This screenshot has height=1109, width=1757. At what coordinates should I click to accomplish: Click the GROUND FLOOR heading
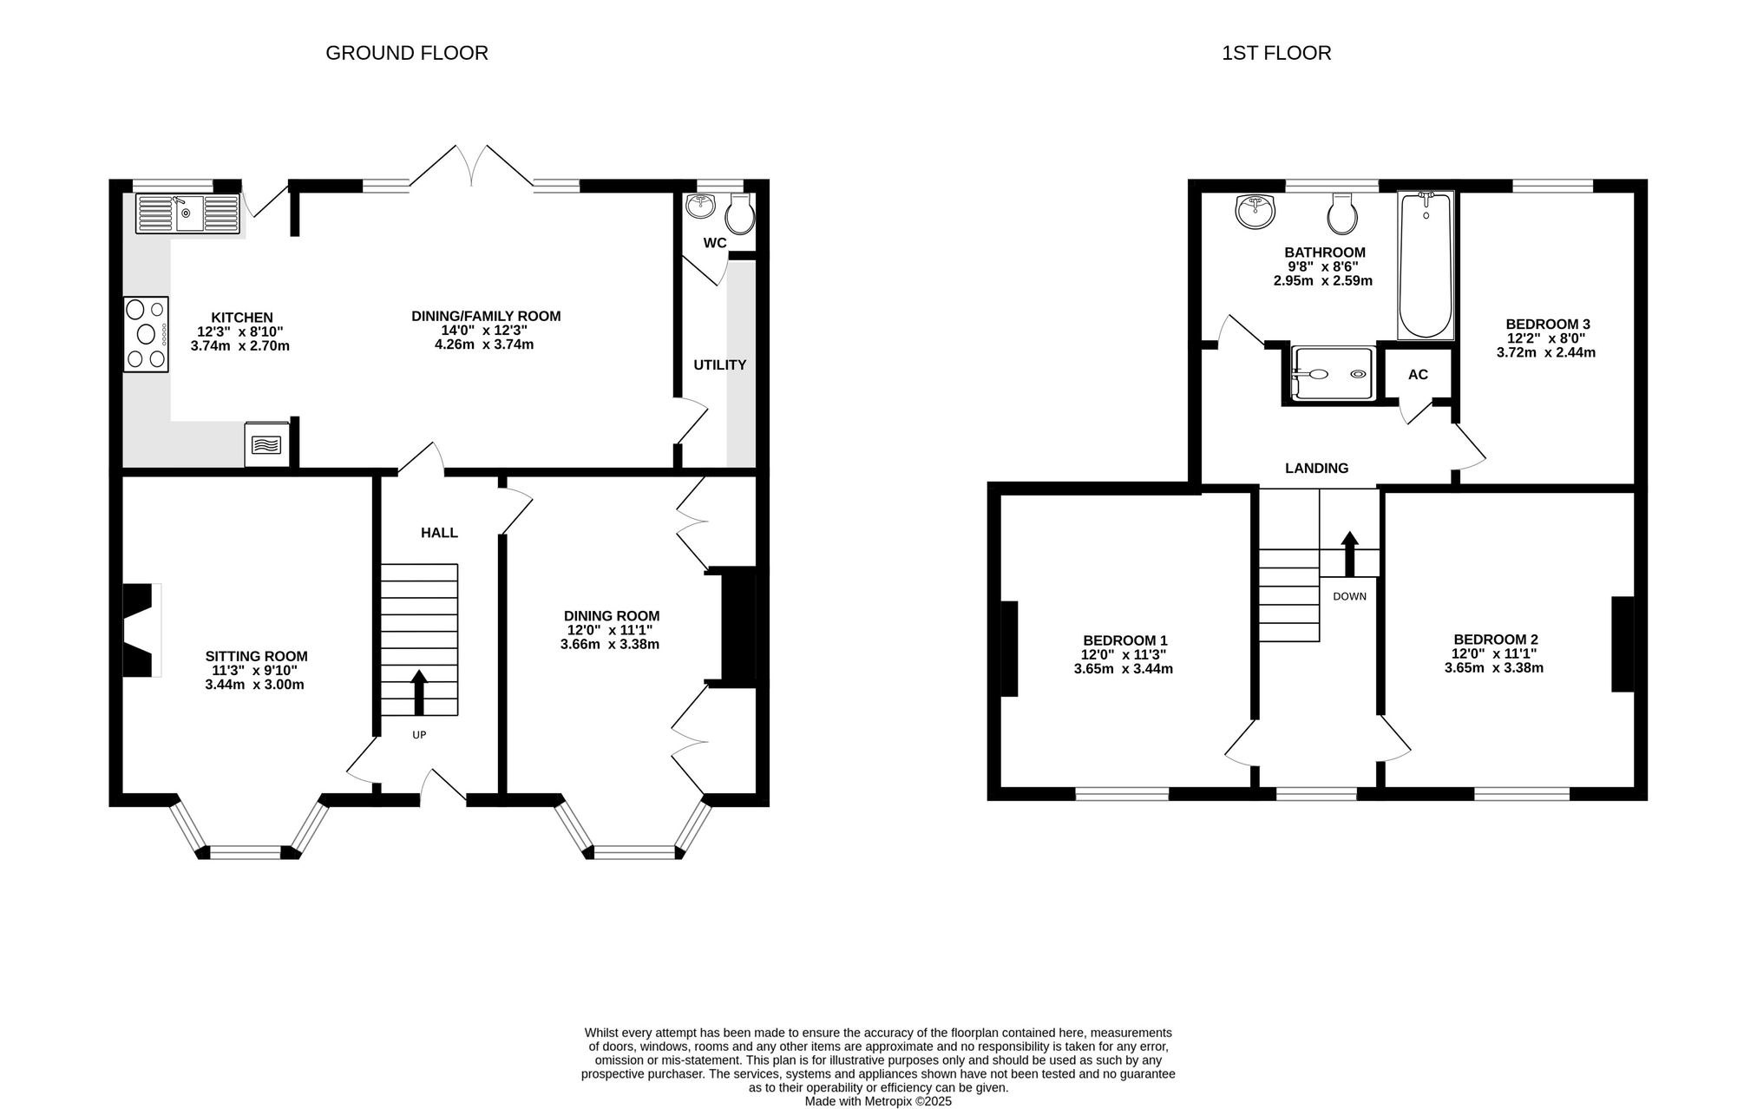tap(407, 53)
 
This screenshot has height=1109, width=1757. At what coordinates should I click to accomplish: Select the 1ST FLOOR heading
tap(1276, 53)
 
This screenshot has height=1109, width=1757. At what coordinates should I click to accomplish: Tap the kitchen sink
tap(187, 213)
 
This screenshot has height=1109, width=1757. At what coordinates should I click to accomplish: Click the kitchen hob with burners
tap(146, 334)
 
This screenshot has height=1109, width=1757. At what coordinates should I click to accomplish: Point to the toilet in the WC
tap(739, 213)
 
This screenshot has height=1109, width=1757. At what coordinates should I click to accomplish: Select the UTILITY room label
tap(719, 365)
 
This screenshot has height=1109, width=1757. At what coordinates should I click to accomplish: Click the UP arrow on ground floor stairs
tap(419, 692)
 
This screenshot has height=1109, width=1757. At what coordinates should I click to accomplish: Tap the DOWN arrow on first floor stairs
tap(1349, 554)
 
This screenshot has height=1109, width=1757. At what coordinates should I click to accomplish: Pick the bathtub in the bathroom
tap(1426, 266)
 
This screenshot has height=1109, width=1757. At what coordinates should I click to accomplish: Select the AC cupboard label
tap(1418, 375)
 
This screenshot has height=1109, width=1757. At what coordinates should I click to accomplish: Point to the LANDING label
tap(1316, 469)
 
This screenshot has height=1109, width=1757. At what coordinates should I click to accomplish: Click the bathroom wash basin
tap(1255, 211)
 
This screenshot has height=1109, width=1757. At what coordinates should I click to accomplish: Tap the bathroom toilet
tap(1342, 213)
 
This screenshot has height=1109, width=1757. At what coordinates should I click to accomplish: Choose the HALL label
tap(439, 533)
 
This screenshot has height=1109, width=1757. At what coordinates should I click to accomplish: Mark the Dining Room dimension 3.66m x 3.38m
tap(610, 645)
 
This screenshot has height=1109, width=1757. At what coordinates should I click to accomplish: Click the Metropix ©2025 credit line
tap(878, 1101)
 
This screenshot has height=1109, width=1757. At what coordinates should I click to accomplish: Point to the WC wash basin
tap(699, 206)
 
